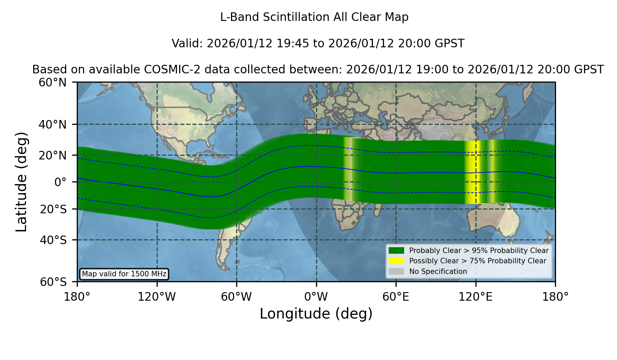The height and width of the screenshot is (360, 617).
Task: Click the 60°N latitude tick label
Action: tap(52, 82)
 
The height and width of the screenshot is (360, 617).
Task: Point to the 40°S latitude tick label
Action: tap(53, 240)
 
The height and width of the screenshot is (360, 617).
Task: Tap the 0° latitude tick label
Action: tap(60, 182)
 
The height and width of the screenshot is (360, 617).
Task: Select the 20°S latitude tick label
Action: tap(53, 209)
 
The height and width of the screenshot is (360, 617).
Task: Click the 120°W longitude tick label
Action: tap(157, 297)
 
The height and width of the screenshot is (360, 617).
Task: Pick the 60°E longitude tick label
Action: tap(396, 297)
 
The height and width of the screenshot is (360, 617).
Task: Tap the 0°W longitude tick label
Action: tap(316, 297)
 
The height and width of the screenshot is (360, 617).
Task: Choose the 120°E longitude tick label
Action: tap(476, 297)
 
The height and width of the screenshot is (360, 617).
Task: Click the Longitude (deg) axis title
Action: tap(316, 314)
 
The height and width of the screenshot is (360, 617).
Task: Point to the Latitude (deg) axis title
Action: tap(21, 182)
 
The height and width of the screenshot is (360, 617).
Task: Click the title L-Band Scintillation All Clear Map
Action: tap(314, 17)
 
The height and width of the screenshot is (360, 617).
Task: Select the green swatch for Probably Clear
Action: tap(396, 251)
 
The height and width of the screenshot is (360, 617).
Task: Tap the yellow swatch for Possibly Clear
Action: tap(396, 261)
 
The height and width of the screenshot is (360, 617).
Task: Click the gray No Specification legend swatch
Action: tap(396, 272)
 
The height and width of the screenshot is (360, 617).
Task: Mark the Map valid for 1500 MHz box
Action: tap(124, 274)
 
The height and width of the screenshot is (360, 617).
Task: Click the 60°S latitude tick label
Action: tap(53, 282)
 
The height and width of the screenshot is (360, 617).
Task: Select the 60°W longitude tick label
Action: tap(237, 297)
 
